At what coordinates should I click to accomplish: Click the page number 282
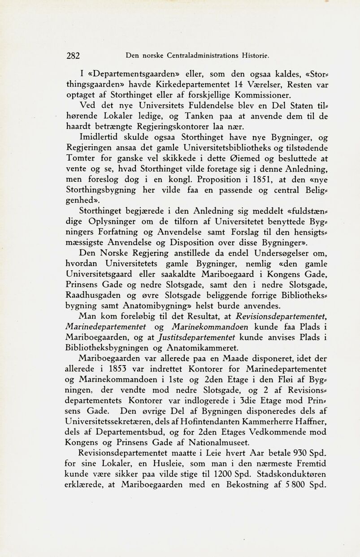(72, 56)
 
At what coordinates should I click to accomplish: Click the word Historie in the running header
(254, 56)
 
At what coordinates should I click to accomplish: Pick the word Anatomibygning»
(151, 307)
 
